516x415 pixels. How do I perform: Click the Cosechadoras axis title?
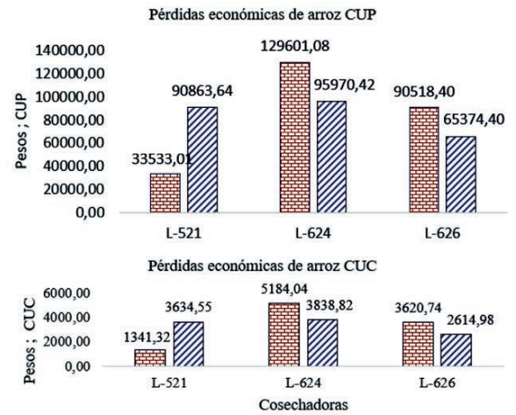[286, 404]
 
